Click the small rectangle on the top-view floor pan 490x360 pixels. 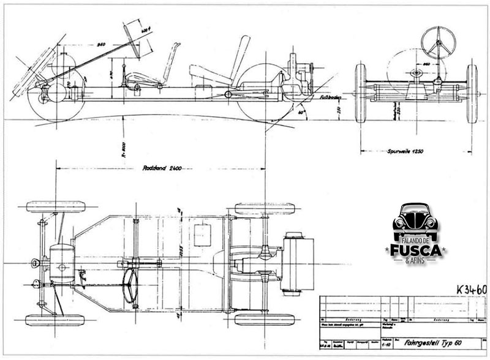point(202,236)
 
